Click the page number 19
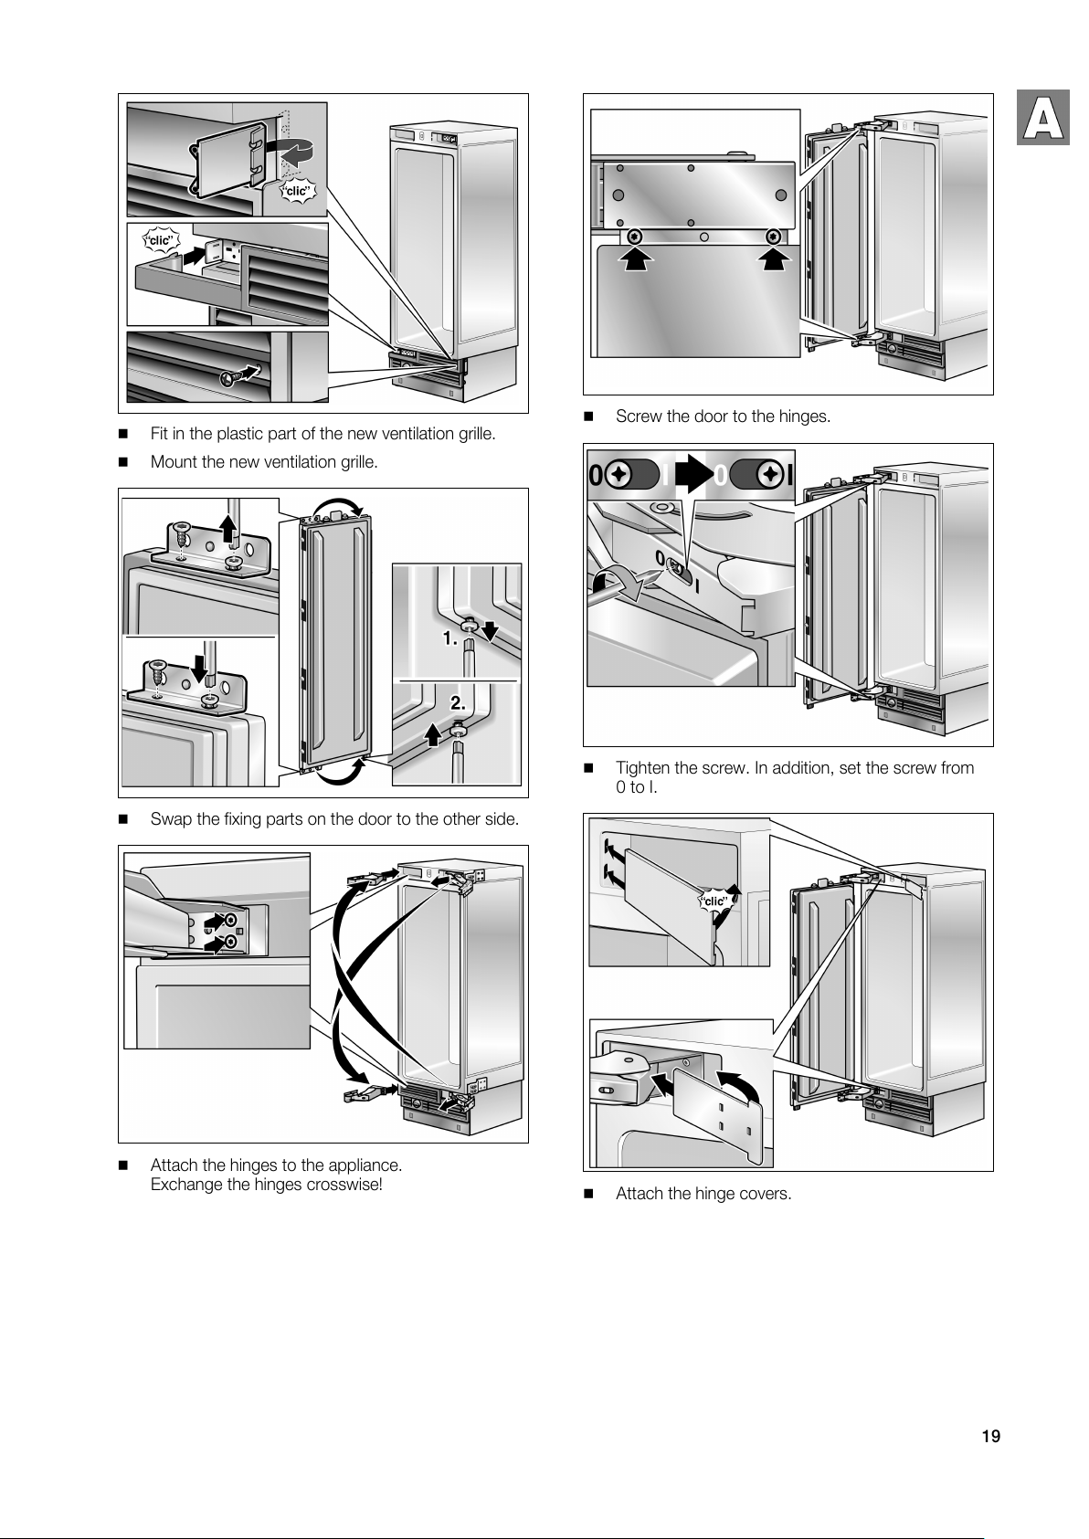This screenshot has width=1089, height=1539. [990, 1437]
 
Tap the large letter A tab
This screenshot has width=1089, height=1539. [1041, 119]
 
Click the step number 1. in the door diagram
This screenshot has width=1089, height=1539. [449, 639]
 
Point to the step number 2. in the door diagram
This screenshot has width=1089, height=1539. [458, 704]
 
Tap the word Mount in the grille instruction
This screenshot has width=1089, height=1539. [173, 462]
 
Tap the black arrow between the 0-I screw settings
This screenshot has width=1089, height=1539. [694, 474]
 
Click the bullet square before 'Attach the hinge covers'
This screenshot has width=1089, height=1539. [588, 1195]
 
